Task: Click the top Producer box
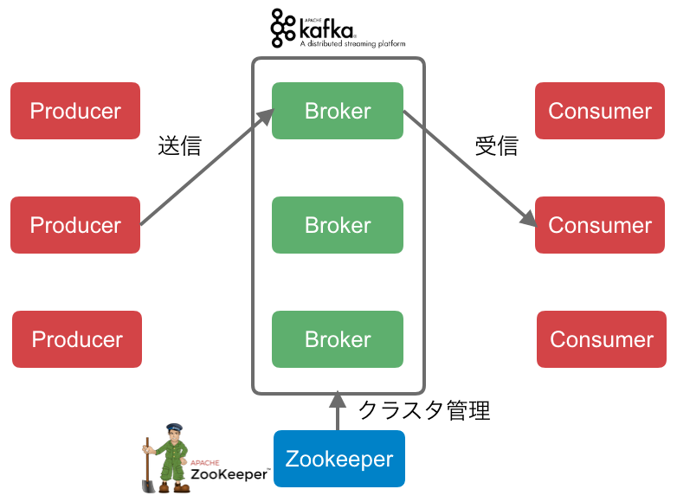click(x=75, y=111)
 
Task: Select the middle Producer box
click(x=75, y=225)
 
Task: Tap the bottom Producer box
click(x=77, y=339)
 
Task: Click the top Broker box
click(x=338, y=111)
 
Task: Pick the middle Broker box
click(x=338, y=225)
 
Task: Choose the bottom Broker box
click(x=338, y=339)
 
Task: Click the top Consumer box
click(x=600, y=111)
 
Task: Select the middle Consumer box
click(x=600, y=225)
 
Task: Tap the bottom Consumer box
click(x=602, y=339)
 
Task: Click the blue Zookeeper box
click(x=339, y=459)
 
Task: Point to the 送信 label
click(x=179, y=145)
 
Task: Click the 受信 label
click(x=496, y=145)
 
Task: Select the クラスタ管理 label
click(x=424, y=409)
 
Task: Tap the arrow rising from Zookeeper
click(x=338, y=412)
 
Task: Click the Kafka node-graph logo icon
click(x=283, y=28)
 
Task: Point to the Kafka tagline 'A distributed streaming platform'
click(x=352, y=42)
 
